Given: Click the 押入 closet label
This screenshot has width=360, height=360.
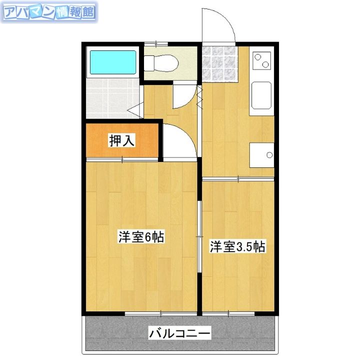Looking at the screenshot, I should pyautogui.click(x=122, y=140).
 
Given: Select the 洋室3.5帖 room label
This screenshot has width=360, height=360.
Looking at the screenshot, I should pyautogui.click(x=237, y=246).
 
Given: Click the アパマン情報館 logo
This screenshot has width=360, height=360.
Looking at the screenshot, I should pyautogui.click(x=49, y=12).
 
